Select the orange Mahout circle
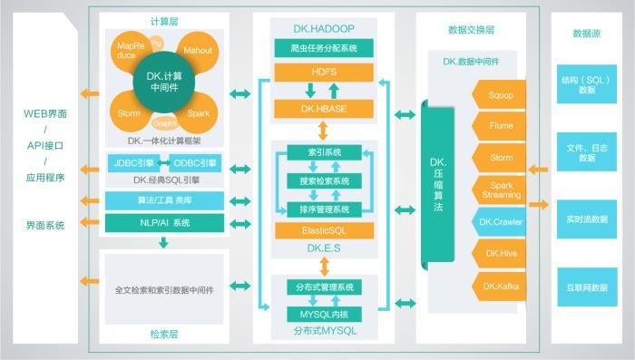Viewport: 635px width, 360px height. click(x=198, y=52)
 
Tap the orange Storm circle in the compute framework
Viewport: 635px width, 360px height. click(x=130, y=113)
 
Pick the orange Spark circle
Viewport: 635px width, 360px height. click(x=199, y=113)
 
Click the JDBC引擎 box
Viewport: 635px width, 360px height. click(x=132, y=163)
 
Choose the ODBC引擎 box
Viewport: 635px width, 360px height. click(x=194, y=163)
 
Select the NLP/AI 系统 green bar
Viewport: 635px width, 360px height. click(x=163, y=222)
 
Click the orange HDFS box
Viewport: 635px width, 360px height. click(x=324, y=71)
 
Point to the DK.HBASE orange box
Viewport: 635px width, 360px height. click(x=324, y=109)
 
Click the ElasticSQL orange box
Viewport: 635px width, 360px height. click(x=324, y=231)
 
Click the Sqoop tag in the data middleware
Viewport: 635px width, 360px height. click(x=501, y=93)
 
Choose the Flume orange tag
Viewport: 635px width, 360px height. click(x=501, y=126)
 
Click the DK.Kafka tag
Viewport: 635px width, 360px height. click(x=501, y=287)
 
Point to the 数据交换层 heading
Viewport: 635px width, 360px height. click(x=472, y=30)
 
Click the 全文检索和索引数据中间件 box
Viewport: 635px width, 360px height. click(x=163, y=290)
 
